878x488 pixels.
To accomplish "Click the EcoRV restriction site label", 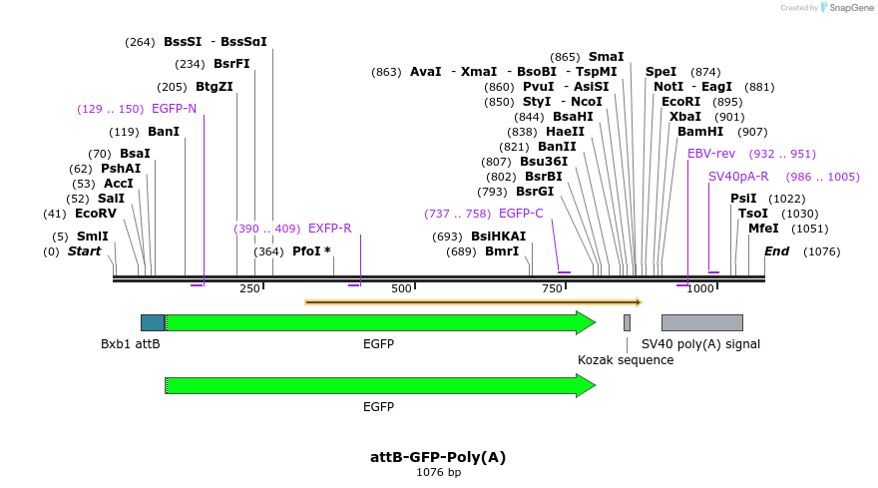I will (x=96, y=214).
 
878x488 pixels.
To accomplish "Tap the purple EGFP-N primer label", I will (x=174, y=109).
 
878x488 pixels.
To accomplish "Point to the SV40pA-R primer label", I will (x=738, y=177).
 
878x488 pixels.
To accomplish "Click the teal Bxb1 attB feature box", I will (x=153, y=322).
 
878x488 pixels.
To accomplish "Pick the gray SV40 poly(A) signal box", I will (x=701, y=322).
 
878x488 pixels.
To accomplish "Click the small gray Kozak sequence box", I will (x=627, y=322).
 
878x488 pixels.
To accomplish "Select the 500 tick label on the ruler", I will (x=401, y=288).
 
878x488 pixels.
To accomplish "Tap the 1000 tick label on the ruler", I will (x=700, y=288).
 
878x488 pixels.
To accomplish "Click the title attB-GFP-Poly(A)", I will (x=438, y=457).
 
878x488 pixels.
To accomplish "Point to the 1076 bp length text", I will (x=438, y=473).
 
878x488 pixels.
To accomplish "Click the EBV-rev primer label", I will (x=711, y=154).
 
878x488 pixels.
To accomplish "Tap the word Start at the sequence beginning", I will (x=84, y=251).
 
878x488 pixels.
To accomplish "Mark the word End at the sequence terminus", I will (x=777, y=251).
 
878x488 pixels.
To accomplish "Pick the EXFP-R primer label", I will (x=329, y=229).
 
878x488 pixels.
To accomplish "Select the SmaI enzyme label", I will (x=606, y=57).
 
